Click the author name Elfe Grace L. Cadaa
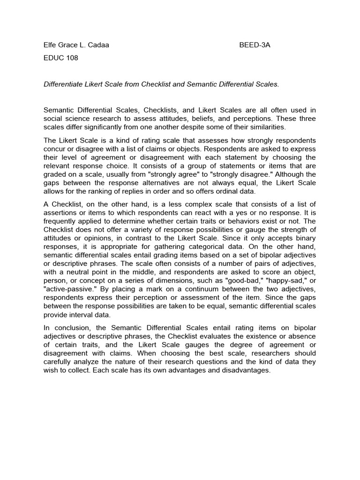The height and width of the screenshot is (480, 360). pyautogui.click(x=76, y=45)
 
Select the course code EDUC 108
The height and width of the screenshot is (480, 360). pyautogui.click(x=61, y=58)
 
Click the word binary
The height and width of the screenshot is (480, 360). pyautogui.click(x=306, y=238)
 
